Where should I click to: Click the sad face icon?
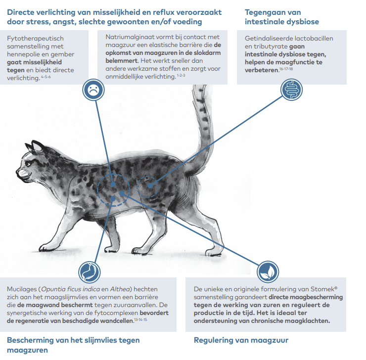[92, 90]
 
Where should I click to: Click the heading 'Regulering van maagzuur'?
[241, 340]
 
